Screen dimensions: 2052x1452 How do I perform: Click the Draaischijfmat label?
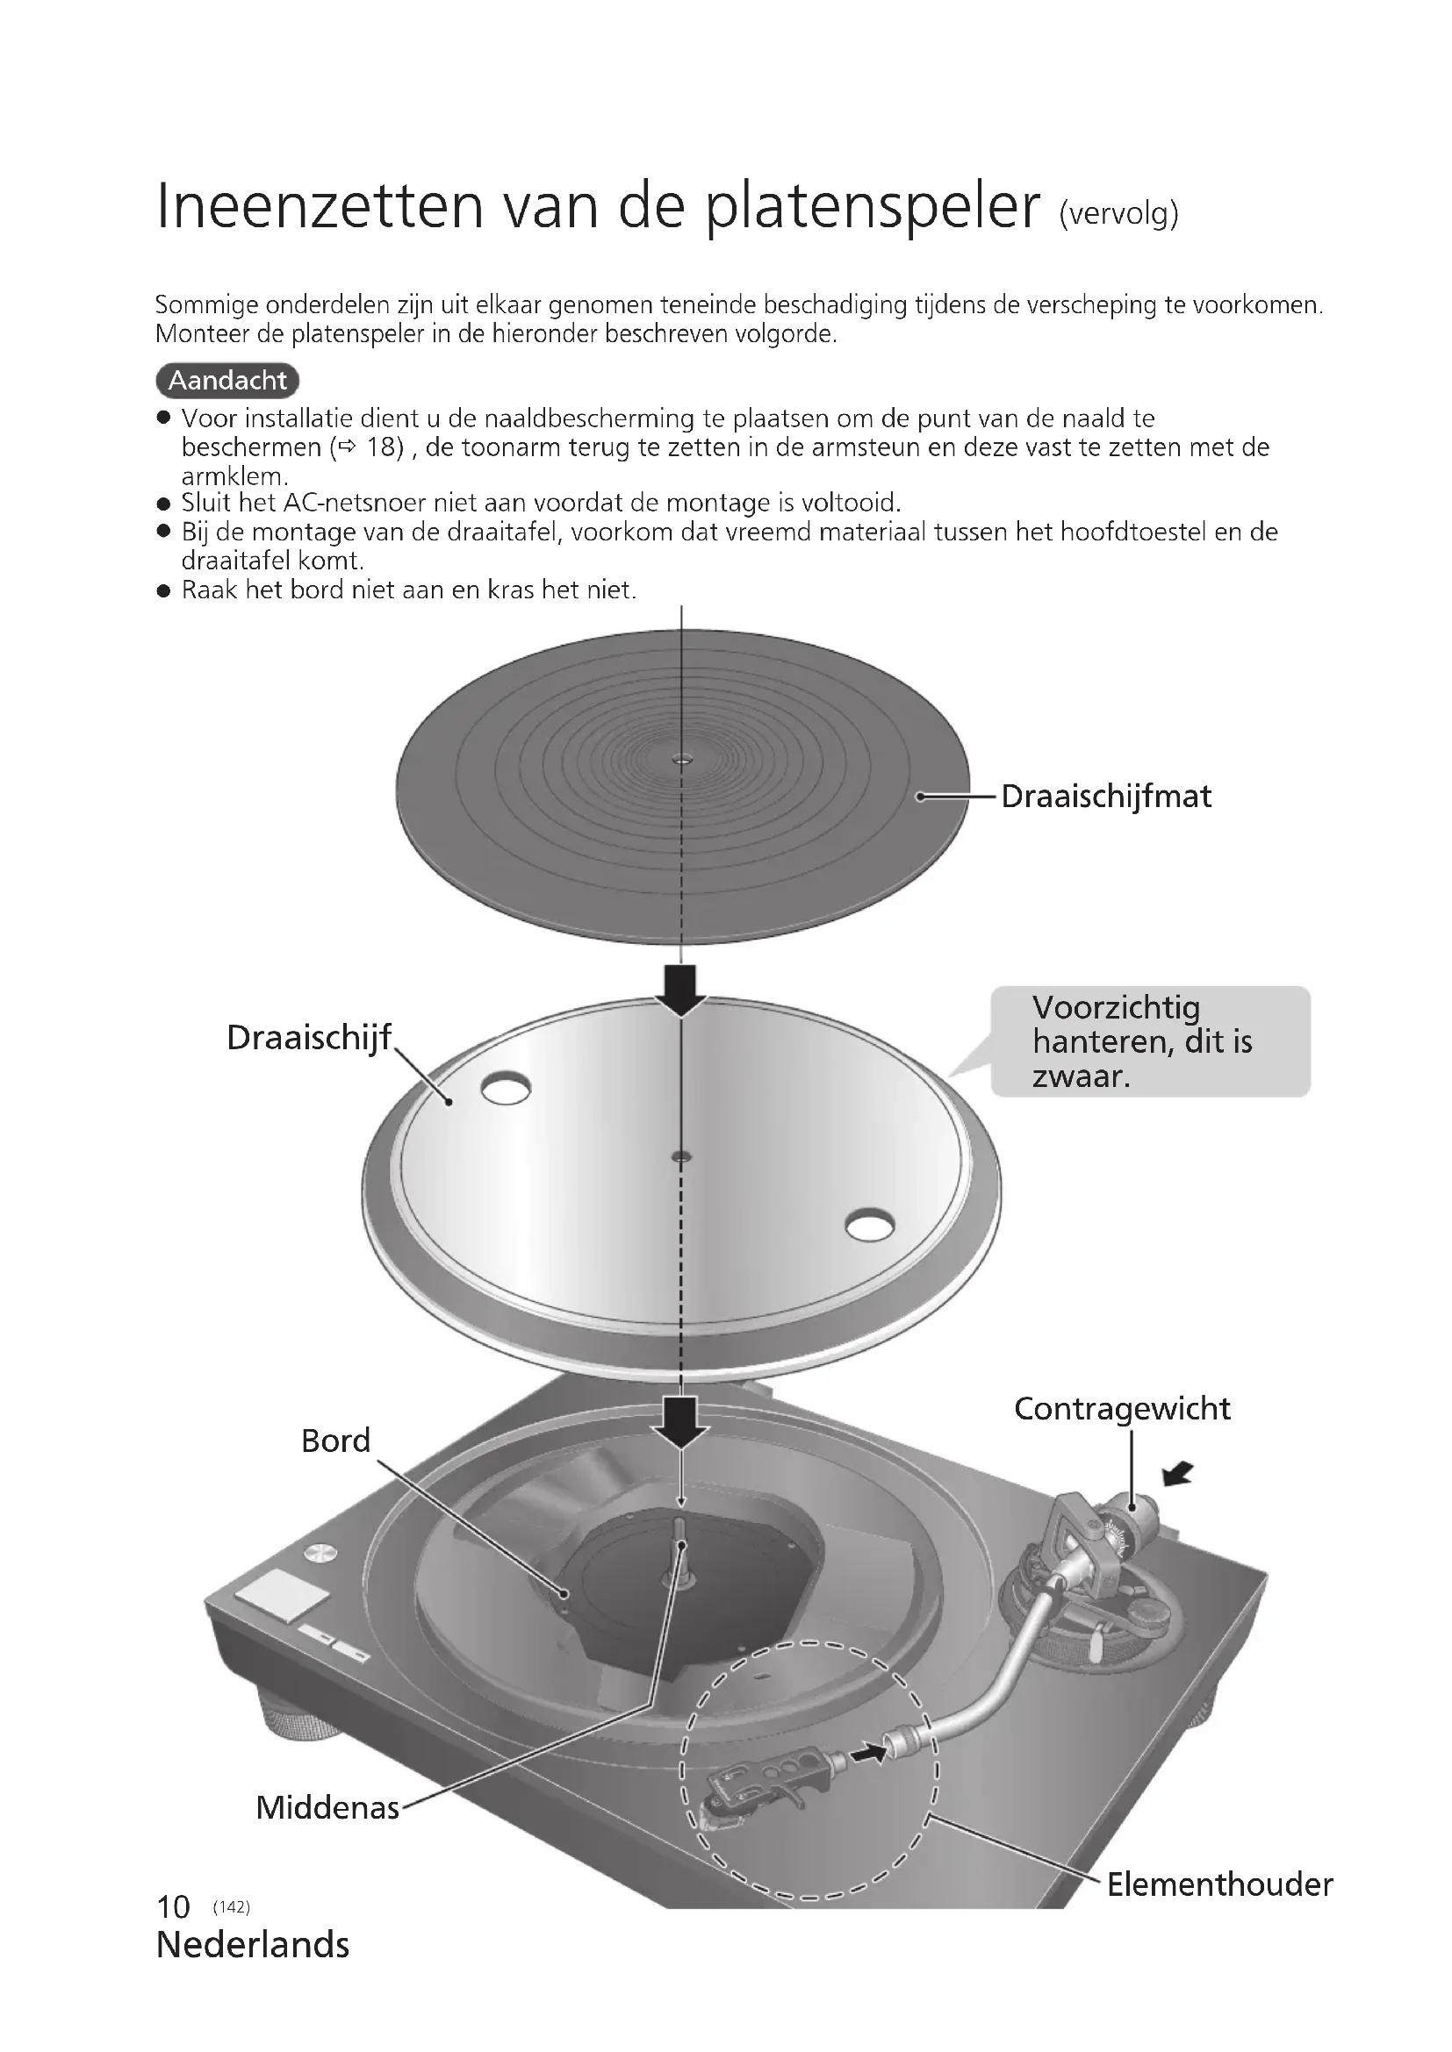pyautogui.click(x=1106, y=797)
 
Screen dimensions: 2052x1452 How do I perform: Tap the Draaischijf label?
pyautogui.click(x=308, y=1038)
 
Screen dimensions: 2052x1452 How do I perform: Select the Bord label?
pyautogui.click(x=335, y=1441)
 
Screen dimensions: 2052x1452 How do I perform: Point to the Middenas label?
pyautogui.click(x=327, y=1807)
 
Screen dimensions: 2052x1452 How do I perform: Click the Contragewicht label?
pyautogui.click(x=1122, y=1409)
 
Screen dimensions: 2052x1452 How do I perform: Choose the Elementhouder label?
pyautogui.click(x=1219, y=1884)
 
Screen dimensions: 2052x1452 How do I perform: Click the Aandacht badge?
pyautogui.click(x=227, y=381)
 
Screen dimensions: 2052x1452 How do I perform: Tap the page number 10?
pyautogui.click(x=173, y=1906)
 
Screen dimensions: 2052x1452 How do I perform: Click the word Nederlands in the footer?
pyautogui.click(x=253, y=1945)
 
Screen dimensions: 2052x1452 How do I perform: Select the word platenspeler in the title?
pyautogui.click(x=873, y=206)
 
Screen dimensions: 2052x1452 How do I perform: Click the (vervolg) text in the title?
pyautogui.click(x=1118, y=214)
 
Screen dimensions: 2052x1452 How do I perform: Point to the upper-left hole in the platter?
pyautogui.click(x=505, y=1088)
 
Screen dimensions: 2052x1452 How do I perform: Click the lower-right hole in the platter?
pyautogui.click(x=869, y=1225)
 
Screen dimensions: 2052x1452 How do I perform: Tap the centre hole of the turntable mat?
pyautogui.click(x=682, y=760)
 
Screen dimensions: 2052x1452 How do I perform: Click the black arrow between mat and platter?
pyautogui.click(x=681, y=990)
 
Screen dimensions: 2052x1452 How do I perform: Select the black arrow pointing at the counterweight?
pyautogui.click(x=1179, y=1473)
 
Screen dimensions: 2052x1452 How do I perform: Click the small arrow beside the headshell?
pyautogui.click(x=869, y=1754)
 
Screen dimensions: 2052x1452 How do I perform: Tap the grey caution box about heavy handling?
pyautogui.click(x=1150, y=1041)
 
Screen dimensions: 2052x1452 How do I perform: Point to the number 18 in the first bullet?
pyautogui.click(x=385, y=447)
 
